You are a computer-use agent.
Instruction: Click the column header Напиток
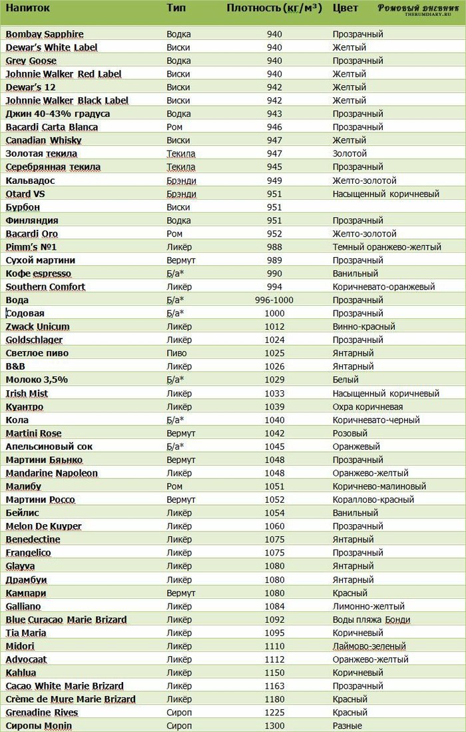26,9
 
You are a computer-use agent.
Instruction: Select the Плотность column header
274,9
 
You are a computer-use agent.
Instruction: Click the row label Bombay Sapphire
45,34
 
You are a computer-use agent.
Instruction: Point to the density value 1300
274,725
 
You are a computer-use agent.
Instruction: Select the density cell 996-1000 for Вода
274,300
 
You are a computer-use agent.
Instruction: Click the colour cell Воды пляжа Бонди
371,619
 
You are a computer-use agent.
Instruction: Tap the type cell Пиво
176,353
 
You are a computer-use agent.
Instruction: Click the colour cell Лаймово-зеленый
369,646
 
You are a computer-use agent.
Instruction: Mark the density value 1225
274,712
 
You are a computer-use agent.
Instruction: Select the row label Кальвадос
30,181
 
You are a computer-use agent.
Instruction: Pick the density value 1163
274,685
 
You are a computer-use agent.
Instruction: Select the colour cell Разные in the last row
348,725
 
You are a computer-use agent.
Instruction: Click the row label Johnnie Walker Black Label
67,101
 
